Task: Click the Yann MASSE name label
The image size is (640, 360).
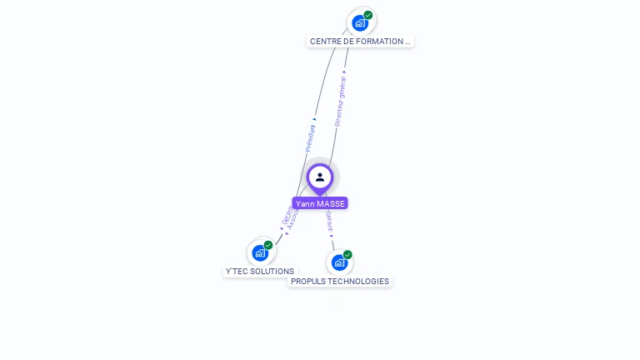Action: click(x=320, y=203)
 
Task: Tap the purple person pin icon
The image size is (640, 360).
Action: click(x=320, y=177)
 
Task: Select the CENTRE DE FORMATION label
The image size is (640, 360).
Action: click(x=360, y=41)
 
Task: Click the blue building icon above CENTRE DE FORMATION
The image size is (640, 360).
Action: click(x=359, y=22)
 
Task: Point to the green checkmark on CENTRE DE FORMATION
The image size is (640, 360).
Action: click(x=368, y=15)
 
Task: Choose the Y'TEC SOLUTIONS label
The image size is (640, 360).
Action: click(x=260, y=271)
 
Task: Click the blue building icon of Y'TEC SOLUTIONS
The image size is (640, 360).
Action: click(x=260, y=252)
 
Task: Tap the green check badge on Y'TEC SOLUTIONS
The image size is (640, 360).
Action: click(x=268, y=245)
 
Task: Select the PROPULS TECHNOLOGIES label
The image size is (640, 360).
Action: click(x=340, y=281)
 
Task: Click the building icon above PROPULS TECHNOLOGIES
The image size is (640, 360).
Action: click(x=338, y=262)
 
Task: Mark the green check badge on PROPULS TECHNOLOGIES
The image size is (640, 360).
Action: click(x=347, y=255)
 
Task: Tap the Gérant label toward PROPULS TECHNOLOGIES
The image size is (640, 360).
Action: click(x=329, y=220)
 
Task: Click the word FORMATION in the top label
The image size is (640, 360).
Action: click(x=382, y=41)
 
